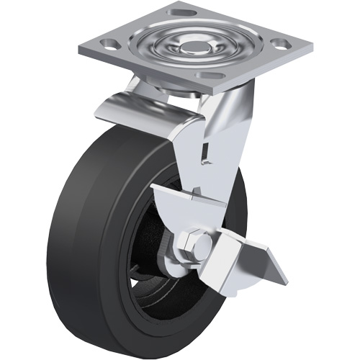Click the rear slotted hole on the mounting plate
pyautogui.click(x=177, y=13)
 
